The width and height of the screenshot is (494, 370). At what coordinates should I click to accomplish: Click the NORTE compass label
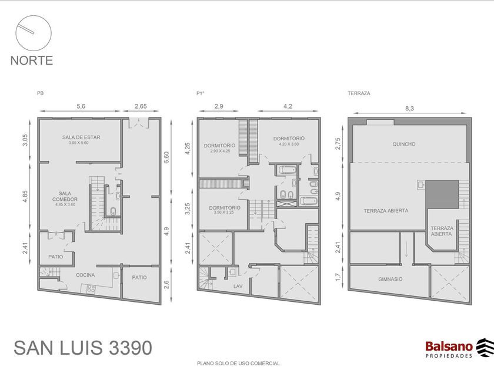[32, 60]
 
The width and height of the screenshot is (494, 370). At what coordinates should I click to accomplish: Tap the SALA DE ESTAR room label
[81, 137]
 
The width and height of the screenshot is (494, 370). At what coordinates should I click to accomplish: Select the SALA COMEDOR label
[65, 196]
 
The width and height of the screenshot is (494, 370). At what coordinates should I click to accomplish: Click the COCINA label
[85, 275]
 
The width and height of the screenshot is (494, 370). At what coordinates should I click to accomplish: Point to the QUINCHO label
[404, 144]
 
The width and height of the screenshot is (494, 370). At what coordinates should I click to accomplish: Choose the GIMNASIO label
[390, 279]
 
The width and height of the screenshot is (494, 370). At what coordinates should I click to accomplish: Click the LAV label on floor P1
[238, 287]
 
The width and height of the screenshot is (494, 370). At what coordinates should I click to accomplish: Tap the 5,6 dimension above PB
[81, 106]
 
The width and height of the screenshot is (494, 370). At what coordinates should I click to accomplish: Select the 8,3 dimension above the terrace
[409, 109]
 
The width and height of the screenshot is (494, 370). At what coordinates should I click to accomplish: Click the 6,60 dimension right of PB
[166, 157]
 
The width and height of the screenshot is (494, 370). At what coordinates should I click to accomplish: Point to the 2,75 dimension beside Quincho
[338, 143]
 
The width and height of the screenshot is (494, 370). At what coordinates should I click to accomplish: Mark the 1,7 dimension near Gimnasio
[338, 277]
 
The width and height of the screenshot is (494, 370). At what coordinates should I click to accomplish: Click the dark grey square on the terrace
[442, 194]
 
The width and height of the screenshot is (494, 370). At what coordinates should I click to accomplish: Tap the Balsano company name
[449, 347]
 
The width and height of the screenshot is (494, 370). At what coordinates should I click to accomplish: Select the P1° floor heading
[201, 93]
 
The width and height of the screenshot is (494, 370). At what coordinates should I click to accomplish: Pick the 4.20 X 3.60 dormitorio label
[289, 144]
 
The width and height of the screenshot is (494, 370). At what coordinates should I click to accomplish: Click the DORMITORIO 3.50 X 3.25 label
[225, 210]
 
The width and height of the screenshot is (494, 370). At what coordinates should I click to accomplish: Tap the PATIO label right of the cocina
[139, 277]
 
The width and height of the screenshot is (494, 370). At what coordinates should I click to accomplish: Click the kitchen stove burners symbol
[91, 288]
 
